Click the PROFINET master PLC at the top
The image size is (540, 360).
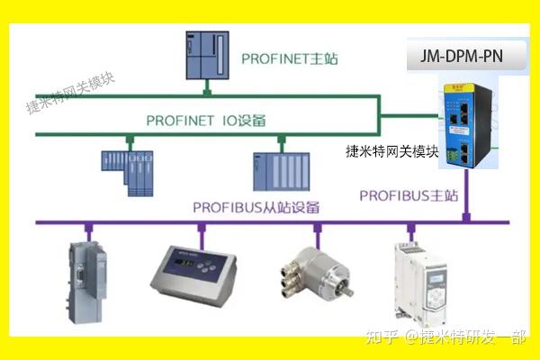coord(207,55)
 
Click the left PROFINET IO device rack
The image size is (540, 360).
coord(126,172)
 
